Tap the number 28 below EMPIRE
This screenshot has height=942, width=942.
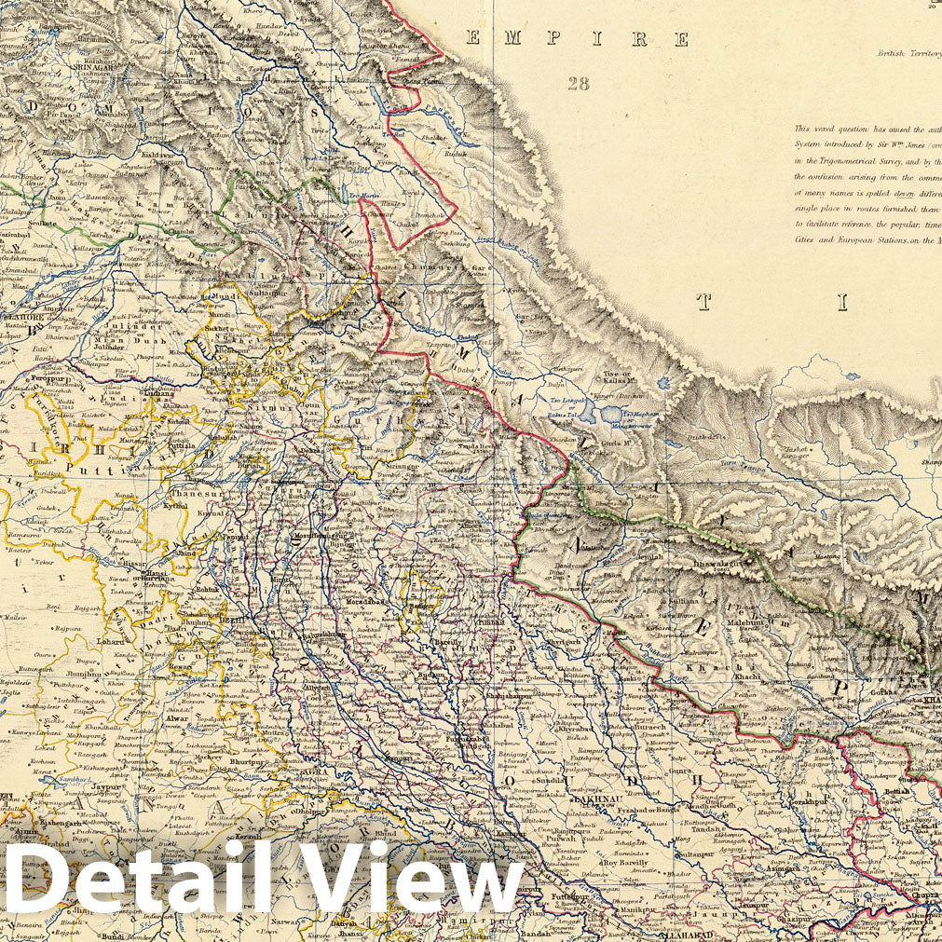pos(578,84)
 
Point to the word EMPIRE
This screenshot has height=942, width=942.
pos(578,39)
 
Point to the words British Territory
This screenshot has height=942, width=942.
pos(908,54)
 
